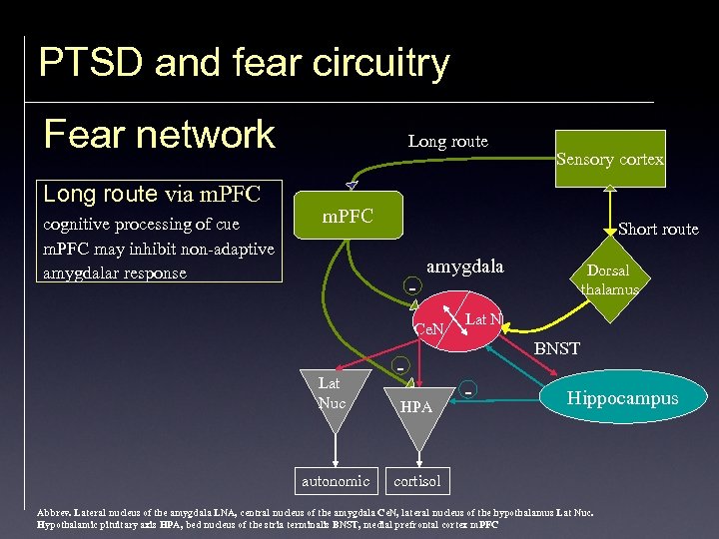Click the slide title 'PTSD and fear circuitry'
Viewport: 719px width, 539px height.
point(244,63)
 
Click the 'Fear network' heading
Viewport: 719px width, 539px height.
point(160,134)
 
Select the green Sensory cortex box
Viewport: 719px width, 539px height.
point(610,159)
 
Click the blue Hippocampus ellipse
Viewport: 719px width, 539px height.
point(622,398)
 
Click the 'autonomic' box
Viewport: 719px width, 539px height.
point(336,481)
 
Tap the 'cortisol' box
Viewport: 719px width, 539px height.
point(417,481)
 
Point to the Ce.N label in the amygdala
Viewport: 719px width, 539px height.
point(429,329)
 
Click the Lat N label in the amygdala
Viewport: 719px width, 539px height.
point(483,319)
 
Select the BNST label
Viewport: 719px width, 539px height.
point(556,348)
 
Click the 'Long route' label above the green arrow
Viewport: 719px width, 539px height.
point(447,141)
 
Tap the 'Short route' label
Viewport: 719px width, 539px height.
point(658,229)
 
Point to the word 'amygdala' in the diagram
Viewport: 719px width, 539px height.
point(464,267)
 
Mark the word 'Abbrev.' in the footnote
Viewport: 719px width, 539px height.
point(52,512)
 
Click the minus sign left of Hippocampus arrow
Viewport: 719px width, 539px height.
point(468,390)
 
